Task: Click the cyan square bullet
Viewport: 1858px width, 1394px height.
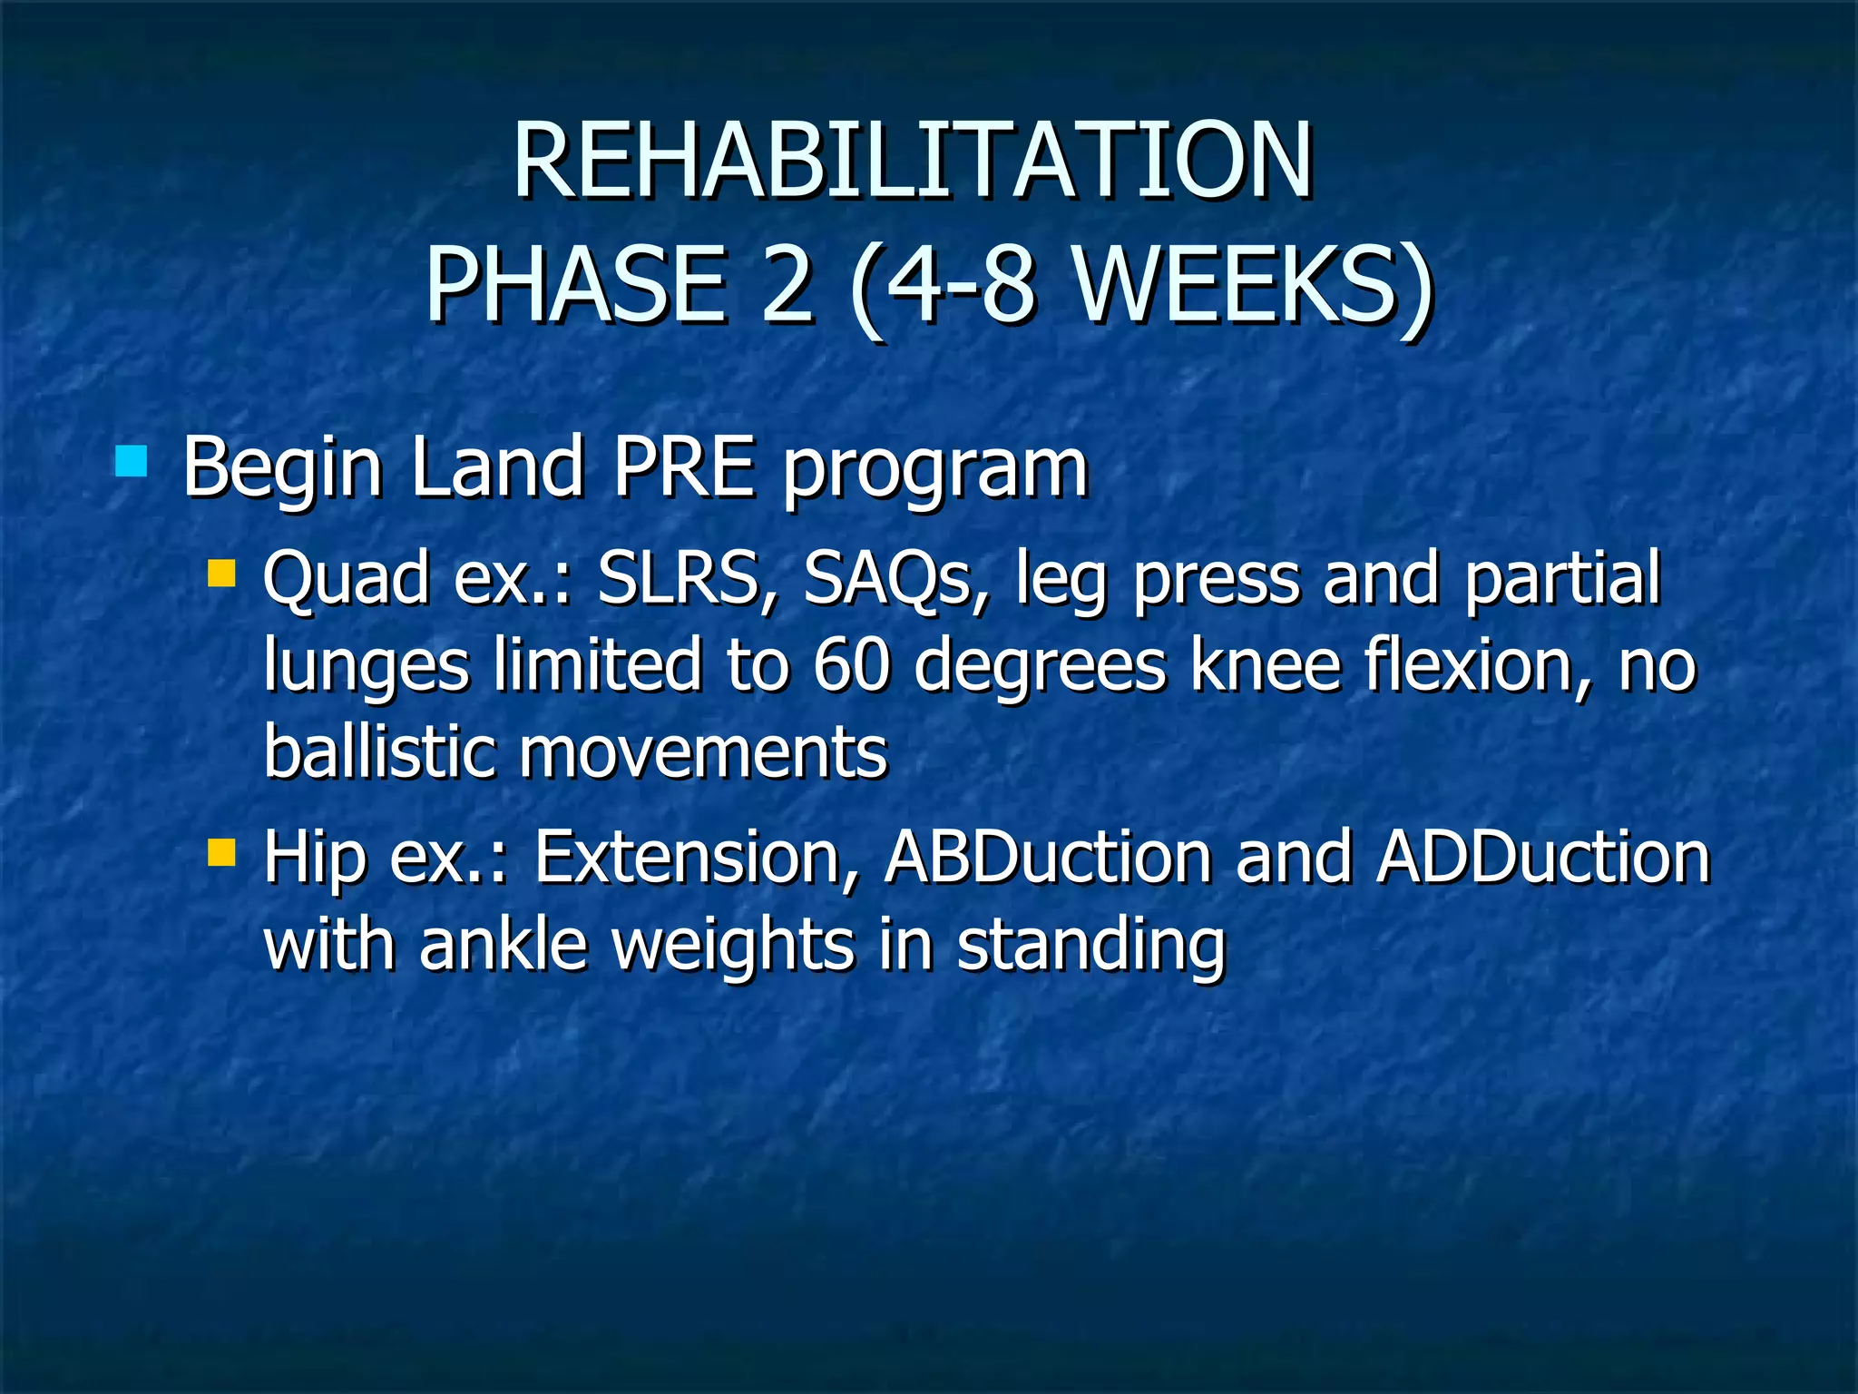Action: pyautogui.click(x=132, y=462)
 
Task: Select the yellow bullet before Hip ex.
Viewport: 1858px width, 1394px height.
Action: pyautogui.click(x=221, y=853)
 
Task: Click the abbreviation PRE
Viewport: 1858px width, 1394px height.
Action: pyautogui.click(x=684, y=467)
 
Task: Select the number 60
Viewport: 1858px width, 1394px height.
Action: pyautogui.click(x=850, y=665)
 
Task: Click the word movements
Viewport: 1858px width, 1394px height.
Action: pyautogui.click(x=703, y=753)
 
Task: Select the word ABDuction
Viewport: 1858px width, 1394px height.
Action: pyautogui.click(x=1048, y=857)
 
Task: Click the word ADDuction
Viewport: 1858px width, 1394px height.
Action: pyautogui.click(x=1542, y=857)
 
